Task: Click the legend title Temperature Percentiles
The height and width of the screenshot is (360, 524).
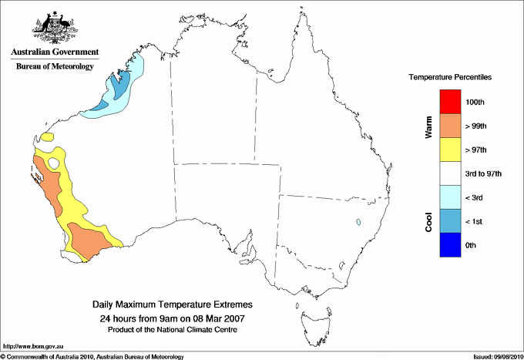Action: [450, 78]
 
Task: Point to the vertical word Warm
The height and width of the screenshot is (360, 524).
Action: [428, 127]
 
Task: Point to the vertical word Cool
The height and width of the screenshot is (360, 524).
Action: [428, 222]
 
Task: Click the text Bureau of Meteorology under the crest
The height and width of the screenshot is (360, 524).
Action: [55, 66]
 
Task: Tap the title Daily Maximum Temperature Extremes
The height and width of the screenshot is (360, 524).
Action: [173, 305]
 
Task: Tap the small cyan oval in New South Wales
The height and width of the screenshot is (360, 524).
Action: [359, 223]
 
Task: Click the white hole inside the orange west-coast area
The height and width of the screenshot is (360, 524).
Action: [54, 163]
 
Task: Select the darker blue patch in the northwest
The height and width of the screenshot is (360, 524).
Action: [117, 86]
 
